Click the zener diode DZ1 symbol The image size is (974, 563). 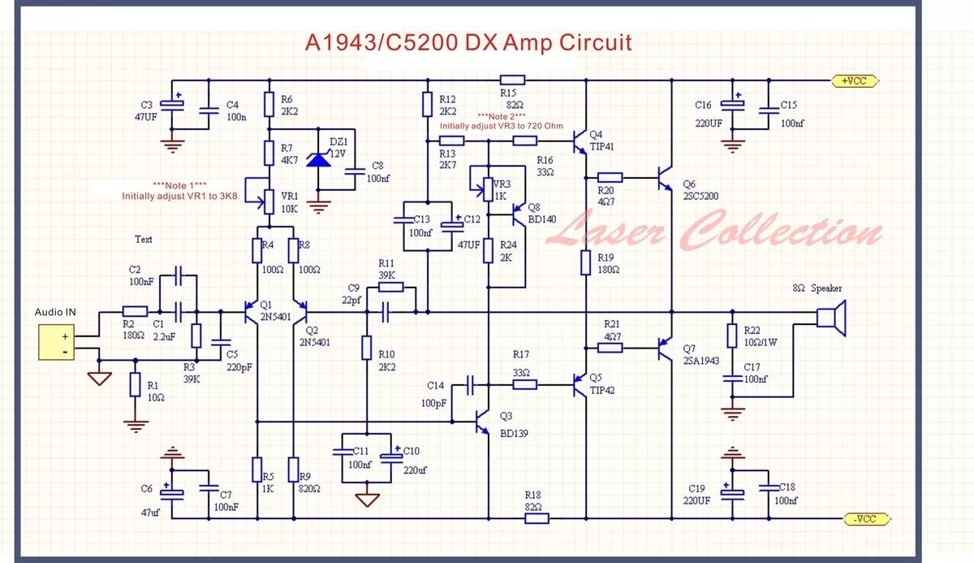click(319, 159)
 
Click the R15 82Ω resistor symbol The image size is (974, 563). click(511, 80)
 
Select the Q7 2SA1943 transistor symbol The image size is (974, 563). click(666, 348)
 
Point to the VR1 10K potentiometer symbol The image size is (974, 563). click(267, 196)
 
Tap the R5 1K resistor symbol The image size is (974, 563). click(256, 470)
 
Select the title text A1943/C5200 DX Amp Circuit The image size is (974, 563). click(468, 42)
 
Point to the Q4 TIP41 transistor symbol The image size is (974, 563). click(580, 142)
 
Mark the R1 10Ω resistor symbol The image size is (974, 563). click(135, 384)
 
